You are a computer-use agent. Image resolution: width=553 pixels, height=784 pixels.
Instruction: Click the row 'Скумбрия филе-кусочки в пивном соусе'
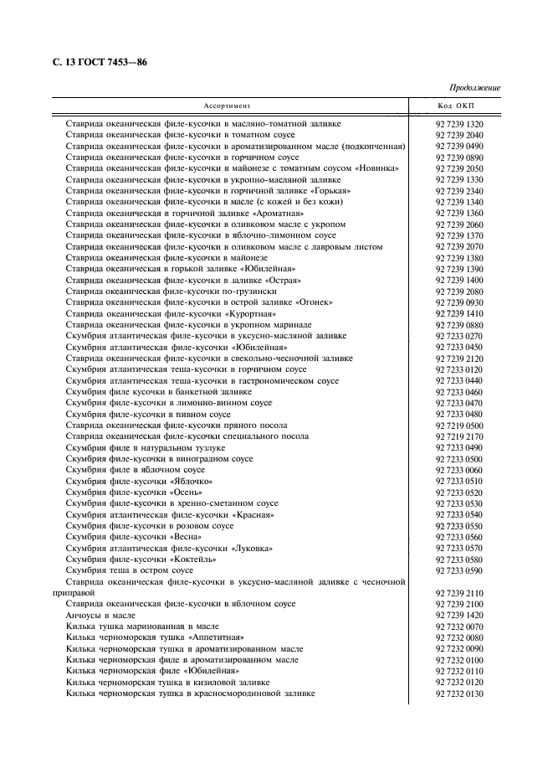coord(148,415)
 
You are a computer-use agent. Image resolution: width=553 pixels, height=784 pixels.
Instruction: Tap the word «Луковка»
coord(252,549)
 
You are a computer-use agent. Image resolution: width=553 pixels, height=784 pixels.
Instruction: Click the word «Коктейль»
coord(194,560)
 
